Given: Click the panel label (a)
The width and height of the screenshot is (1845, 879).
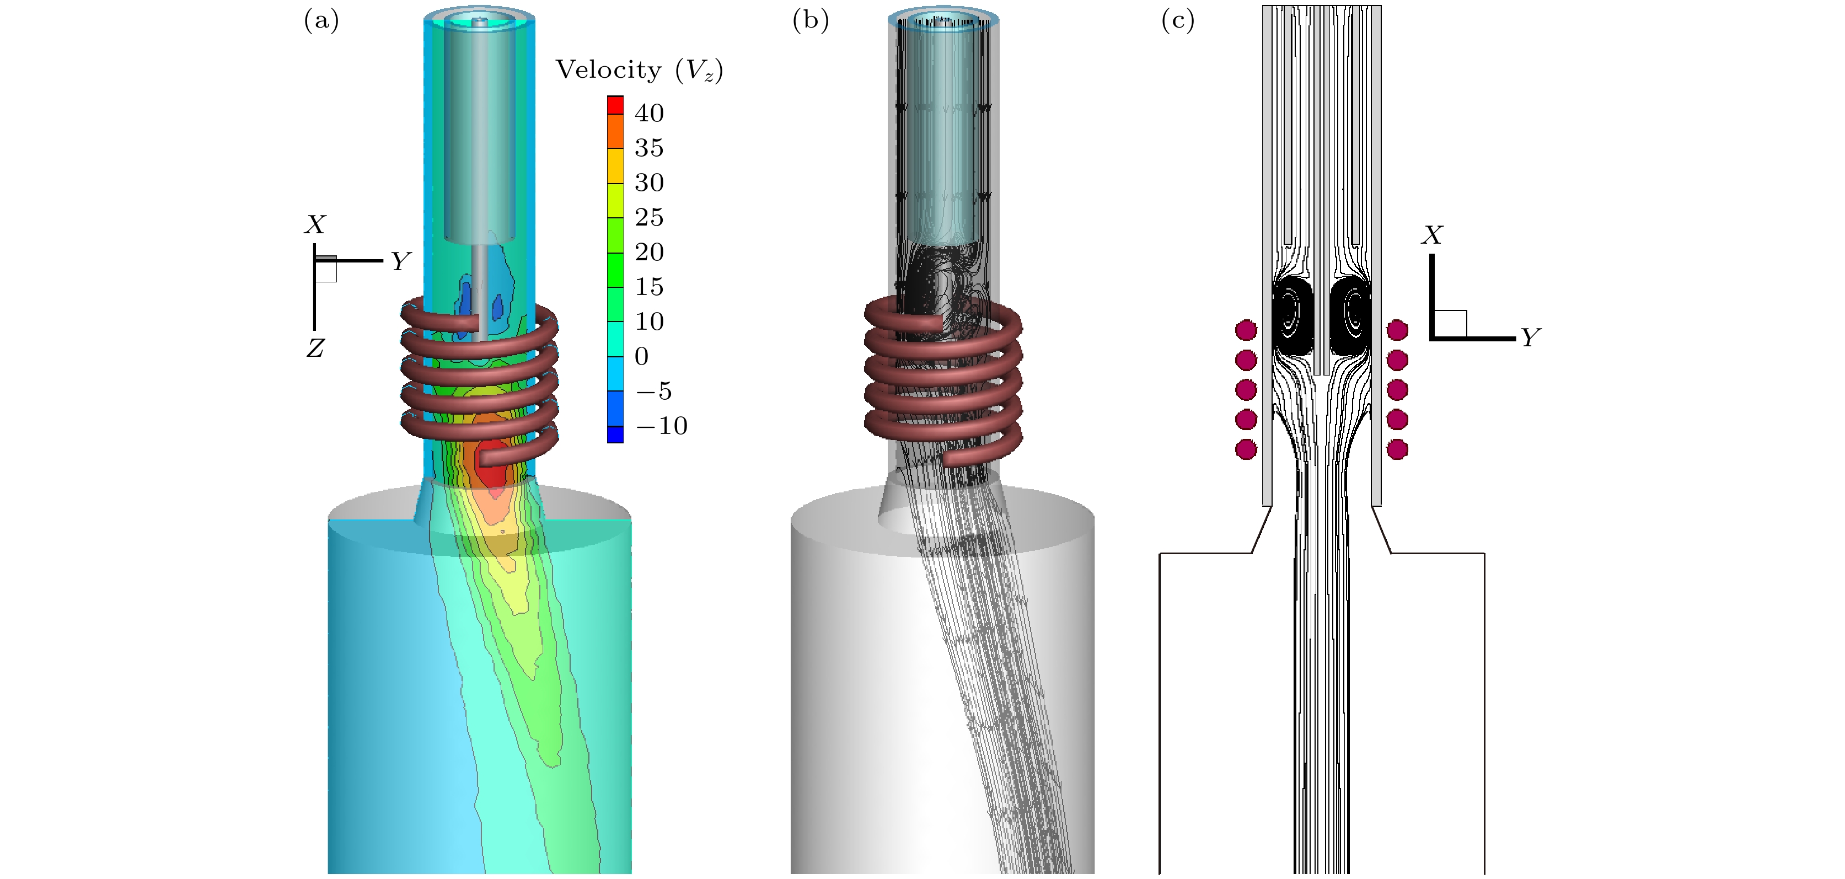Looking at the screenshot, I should pyautogui.click(x=321, y=21).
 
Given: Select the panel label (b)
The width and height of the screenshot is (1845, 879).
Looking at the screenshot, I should pyautogui.click(x=810, y=21).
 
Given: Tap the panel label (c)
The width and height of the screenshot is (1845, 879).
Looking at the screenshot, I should pyautogui.click(x=1177, y=21).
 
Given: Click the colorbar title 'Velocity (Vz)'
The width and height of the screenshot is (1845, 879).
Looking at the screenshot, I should pyautogui.click(x=639, y=70).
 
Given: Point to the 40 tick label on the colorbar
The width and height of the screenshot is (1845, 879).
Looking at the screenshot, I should pyautogui.click(x=649, y=113).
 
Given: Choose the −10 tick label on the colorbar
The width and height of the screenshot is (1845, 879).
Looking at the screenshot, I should pyautogui.click(x=661, y=426).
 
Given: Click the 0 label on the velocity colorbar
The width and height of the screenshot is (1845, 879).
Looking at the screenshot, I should pyautogui.click(x=642, y=357).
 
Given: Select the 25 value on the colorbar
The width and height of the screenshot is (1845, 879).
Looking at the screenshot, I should pyautogui.click(x=649, y=218).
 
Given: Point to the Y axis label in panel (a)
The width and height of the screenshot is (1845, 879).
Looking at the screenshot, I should pyautogui.click(x=400, y=262).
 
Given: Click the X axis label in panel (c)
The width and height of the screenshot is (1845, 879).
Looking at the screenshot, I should pyautogui.click(x=1433, y=235).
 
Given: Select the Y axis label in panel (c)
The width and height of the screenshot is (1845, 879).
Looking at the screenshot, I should pyautogui.click(x=1530, y=337).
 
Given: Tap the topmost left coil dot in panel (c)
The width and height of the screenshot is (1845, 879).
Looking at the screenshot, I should pyautogui.click(x=1246, y=330).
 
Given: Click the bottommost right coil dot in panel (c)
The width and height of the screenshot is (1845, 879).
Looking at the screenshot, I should pyautogui.click(x=1397, y=449).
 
